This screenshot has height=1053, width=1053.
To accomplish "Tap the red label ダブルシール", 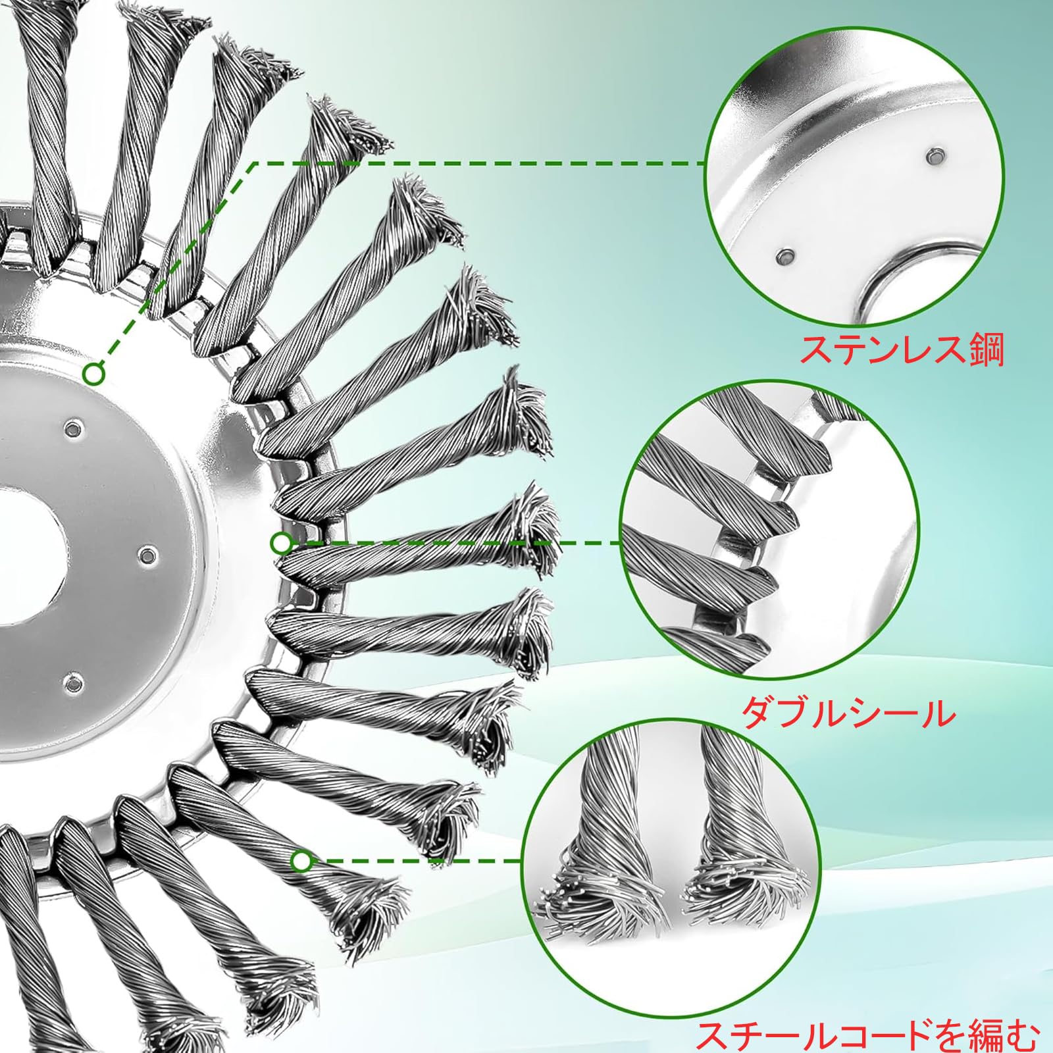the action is click(849, 712).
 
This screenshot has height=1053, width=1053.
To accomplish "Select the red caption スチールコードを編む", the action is click(868, 1032).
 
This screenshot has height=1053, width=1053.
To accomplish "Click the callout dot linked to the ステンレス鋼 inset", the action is click(94, 374).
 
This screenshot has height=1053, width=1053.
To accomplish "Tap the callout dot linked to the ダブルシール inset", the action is click(281, 543).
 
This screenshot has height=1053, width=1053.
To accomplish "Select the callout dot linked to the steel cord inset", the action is click(301, 861).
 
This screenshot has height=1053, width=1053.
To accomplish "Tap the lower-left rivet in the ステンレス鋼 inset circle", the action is click(783, 255).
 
